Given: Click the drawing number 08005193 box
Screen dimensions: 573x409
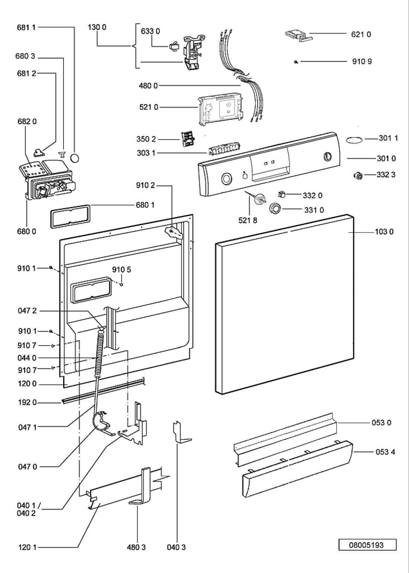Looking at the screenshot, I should click(367, 545).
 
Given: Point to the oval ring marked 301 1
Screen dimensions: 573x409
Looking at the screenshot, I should click(354, 139).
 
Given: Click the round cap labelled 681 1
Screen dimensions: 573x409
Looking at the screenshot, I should click(75, 158).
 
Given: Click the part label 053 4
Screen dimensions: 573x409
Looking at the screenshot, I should click(383, 452).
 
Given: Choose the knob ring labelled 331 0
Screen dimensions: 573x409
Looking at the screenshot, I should click(276, 209).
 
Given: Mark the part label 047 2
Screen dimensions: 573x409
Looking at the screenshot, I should click(27, 310).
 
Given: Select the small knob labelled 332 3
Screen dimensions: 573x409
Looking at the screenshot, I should click(358, 176).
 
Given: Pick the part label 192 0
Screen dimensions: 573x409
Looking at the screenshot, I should click(27, 402).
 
